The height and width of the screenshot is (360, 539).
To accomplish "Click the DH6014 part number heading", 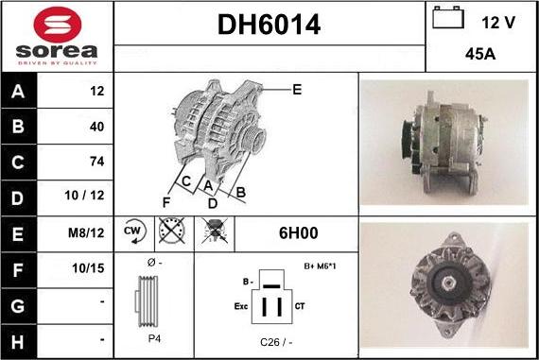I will pos(269,26).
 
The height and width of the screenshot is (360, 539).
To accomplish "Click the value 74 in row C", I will pos(96,162).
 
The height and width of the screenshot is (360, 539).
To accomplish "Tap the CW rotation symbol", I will pos(133,231).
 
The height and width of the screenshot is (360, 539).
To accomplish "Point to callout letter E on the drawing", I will pos(296,90).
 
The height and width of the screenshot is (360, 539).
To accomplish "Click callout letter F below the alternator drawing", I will pos(166,201).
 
